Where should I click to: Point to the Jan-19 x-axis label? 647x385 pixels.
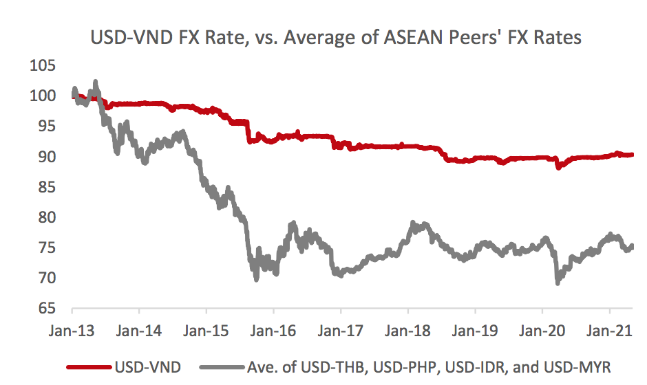coord(476,330)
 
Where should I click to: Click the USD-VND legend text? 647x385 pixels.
coord(149,366)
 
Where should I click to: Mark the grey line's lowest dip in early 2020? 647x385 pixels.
coord(557,283)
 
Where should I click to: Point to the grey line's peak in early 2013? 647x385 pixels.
coord(95,82)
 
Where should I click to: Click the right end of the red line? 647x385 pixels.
coord(633,155)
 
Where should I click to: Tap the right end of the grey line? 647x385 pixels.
coord(633,246)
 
